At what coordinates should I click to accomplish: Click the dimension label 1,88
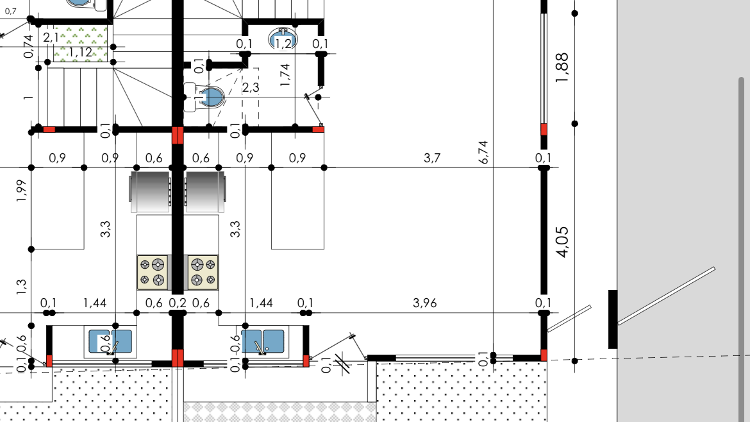tap(562, 67)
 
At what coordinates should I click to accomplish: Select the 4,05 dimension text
tap(563, 242)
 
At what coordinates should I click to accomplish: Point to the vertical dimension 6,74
tap(483, 152)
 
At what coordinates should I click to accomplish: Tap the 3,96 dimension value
tap(425, 303)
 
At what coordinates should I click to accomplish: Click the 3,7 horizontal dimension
tap(432, 158)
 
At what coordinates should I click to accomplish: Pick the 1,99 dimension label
tap(21, 190)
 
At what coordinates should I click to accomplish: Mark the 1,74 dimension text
tap(285, 75)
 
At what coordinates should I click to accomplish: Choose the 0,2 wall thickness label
tap(178, 303)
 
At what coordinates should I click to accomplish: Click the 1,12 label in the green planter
tap(80, 52)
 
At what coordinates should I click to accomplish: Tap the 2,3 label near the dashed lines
tap(251, 88)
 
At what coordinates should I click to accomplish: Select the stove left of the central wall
tap(154, 272)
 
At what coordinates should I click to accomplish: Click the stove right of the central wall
tap(201, 272)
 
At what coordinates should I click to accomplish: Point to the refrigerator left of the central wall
tap(150, 191)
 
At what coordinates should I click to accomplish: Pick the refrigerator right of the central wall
tap(205, 191)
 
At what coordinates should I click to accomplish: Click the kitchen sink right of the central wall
tap(263, 342)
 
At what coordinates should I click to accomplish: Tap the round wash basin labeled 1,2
tap(283, 40)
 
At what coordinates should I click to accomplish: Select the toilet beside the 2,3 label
tap(204, 97)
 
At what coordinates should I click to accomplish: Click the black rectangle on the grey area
tap(613, 319)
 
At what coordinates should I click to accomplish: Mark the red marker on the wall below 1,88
tap(544, 129)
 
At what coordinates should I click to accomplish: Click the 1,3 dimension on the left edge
tap(21, 287)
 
